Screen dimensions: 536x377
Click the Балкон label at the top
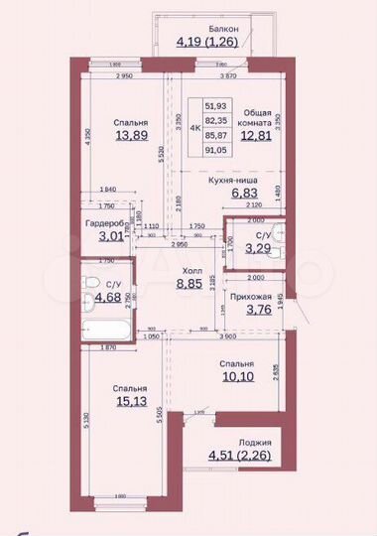click(x=209, y=30)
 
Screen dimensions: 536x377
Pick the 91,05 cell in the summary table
click(x=215, y=151)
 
